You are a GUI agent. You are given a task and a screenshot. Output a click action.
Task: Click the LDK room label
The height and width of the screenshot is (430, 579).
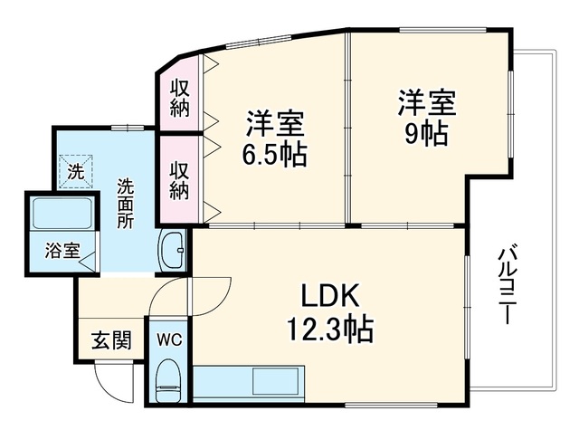[330, 296]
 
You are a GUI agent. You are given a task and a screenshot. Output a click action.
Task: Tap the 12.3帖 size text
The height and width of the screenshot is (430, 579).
[330, 330]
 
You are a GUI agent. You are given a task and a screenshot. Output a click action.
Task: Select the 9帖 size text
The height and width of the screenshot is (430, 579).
[426, 133]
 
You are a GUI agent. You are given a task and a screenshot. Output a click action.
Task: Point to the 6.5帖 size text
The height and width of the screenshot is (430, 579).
[274, 154]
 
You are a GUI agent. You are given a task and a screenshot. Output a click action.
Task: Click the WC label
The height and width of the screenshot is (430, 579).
[169, 339]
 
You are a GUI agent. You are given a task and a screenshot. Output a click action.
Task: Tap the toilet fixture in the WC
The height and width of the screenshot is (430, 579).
[167, 380]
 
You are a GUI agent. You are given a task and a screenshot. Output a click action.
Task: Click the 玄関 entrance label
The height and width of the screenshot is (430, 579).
[111, 340]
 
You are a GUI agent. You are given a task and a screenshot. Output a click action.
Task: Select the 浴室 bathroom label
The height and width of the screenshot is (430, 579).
[62, 251]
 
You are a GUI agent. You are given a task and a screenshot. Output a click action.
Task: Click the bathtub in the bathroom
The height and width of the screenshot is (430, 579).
[62, 214]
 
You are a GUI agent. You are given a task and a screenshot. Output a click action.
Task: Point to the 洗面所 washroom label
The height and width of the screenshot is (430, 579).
[126, 204]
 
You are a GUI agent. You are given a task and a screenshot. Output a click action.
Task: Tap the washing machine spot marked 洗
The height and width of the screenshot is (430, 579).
[75, 172]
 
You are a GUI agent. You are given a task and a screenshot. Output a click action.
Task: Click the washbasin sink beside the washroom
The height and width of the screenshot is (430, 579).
[173, 251]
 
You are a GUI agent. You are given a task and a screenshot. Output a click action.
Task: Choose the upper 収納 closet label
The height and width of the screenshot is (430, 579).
[180, 99]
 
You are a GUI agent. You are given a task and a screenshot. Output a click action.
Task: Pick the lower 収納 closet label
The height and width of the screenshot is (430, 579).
[180, 181]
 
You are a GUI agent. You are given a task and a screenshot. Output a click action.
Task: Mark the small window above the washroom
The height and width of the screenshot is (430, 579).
[128, 128]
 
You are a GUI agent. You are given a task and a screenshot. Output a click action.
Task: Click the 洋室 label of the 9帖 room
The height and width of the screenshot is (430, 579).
[427, 103]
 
